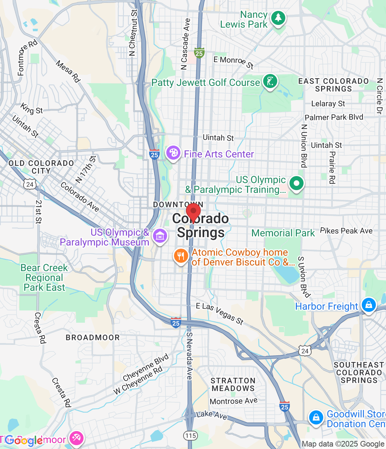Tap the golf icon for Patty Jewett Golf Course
point(270,81)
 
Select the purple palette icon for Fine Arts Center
point(173,153)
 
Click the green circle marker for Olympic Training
point(297,183)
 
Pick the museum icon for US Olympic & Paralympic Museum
point(160,236)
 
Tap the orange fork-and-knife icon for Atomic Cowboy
point(181,256)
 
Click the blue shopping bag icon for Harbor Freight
point(369,305)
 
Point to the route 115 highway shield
point(191,436)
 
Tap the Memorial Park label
point(283,233)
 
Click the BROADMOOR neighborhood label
point(93,337)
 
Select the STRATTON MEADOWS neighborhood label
point(233,384)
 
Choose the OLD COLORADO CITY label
point(41,167)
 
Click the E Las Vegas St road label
point(220,314)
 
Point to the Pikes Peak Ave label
point(346,231)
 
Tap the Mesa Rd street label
point(68,72)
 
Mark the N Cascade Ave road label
point(186,44)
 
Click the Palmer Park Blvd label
point(334,117)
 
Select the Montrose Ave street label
point(233,401)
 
